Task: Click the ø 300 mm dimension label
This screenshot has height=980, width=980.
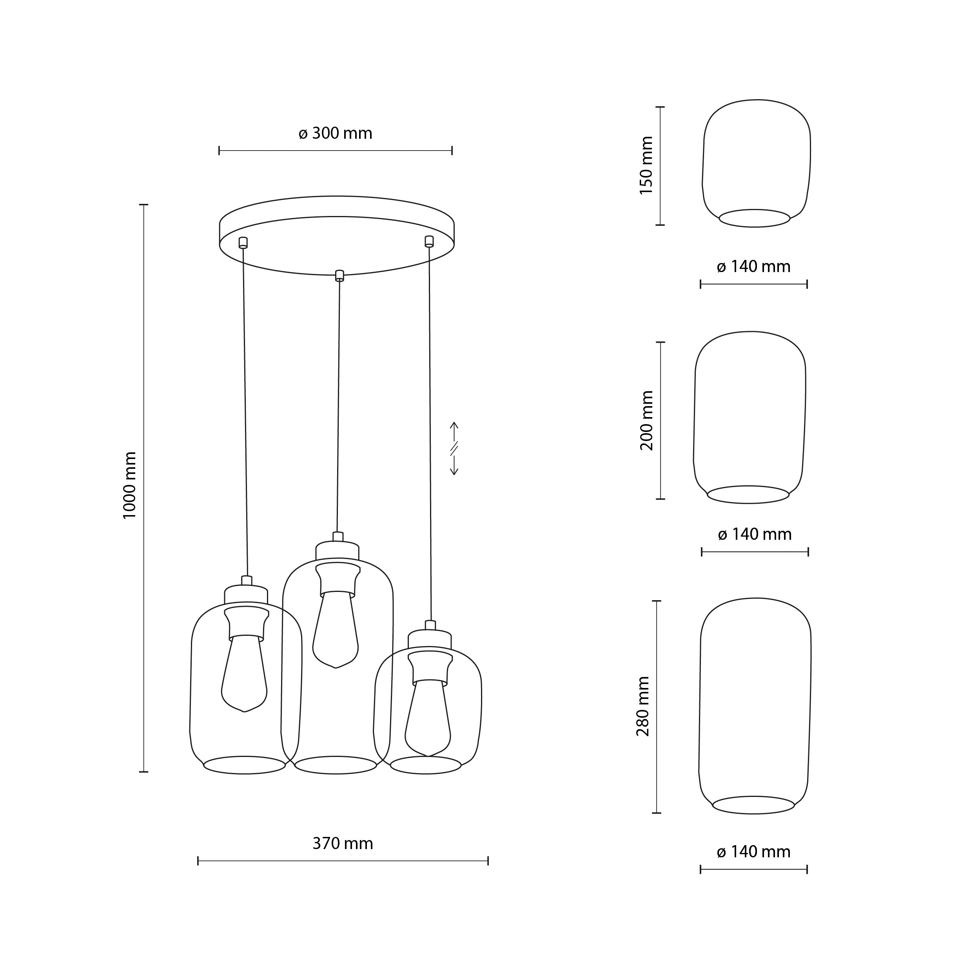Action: coord(335,133)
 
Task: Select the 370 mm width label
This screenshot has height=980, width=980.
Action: coord(343,844)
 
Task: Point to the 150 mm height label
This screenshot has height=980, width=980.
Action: coord(646,165)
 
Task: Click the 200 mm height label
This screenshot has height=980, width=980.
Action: coord(647,421)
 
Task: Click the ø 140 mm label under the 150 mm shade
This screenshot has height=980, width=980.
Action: coord(754,266)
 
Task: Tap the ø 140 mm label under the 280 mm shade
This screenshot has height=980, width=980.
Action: coord(754,852)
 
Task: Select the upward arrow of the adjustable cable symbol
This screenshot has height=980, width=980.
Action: coord(454,431)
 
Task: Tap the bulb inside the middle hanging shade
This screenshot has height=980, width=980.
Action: coord(336,630)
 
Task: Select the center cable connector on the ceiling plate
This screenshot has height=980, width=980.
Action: coord(339,276)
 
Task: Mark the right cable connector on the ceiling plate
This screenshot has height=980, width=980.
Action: coord(429,241)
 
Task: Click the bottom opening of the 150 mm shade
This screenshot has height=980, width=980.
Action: coord(754,218)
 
